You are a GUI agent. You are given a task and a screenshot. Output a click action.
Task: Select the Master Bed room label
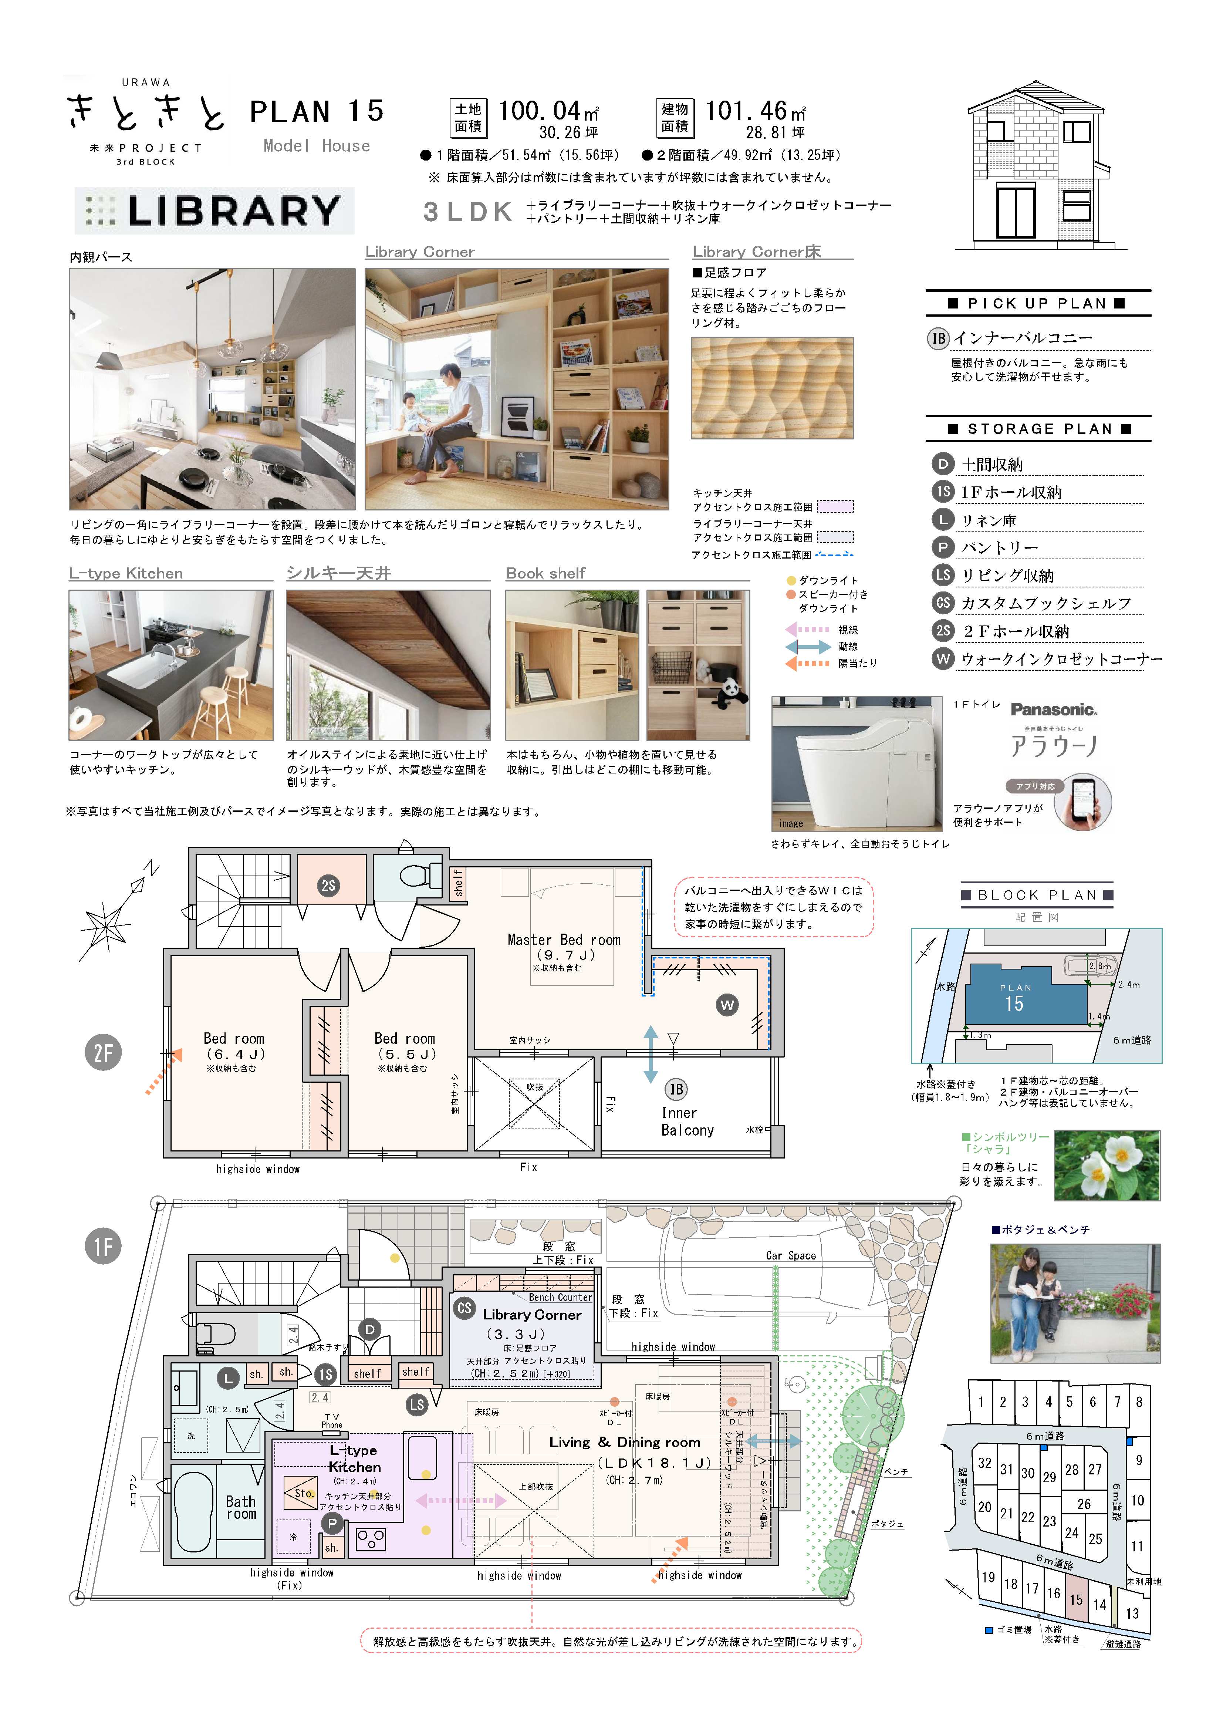tap(564, 940)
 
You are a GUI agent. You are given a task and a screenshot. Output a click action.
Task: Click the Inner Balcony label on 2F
tap(687, 1121)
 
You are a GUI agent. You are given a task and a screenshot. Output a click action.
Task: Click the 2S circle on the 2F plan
tap(328, 885)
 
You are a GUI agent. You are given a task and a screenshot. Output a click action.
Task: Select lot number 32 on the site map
tap(985, 1463)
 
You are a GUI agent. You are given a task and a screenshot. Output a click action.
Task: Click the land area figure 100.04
tap(540, 111)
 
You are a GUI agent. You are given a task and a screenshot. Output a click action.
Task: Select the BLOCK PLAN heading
tap(1037, 895)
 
